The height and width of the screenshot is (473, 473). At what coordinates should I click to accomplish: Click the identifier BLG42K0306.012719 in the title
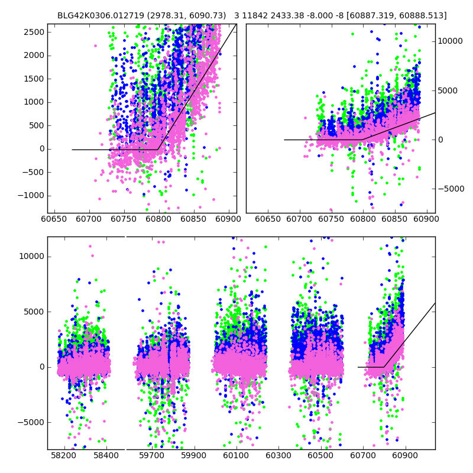point(95,16)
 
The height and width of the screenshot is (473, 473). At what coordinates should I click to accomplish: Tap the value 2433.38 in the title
point(286,16)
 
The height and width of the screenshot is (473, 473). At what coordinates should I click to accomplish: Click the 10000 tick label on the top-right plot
point(451,41)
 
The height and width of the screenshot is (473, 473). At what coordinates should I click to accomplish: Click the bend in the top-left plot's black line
point(158,150)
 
